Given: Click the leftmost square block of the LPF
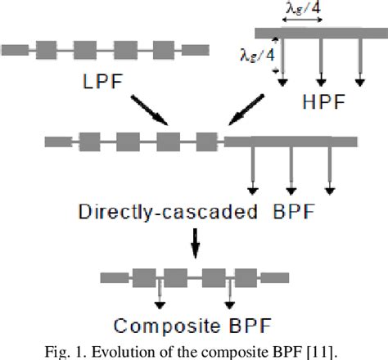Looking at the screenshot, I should tap(45, 47).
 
